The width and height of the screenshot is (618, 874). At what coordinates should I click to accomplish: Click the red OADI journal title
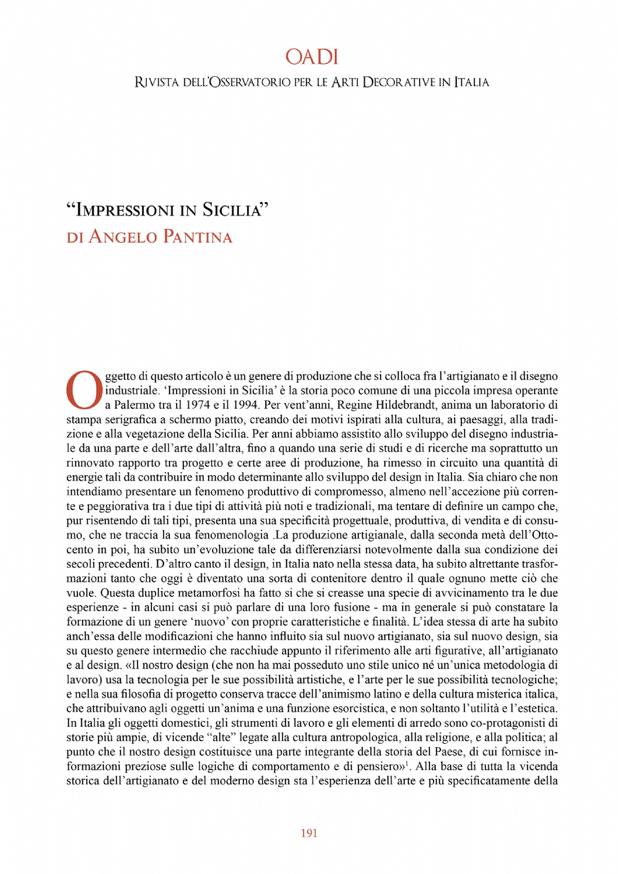pos(312,57)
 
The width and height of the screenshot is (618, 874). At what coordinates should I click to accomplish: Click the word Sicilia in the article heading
pos(235,210)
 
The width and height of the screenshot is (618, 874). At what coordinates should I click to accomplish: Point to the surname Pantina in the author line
pos(197,237)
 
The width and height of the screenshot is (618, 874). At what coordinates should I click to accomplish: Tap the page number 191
pos(309,833)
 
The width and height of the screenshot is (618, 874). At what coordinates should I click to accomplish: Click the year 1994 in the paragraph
pos(244,405)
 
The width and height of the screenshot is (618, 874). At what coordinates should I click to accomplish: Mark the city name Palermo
pos(133,405)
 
